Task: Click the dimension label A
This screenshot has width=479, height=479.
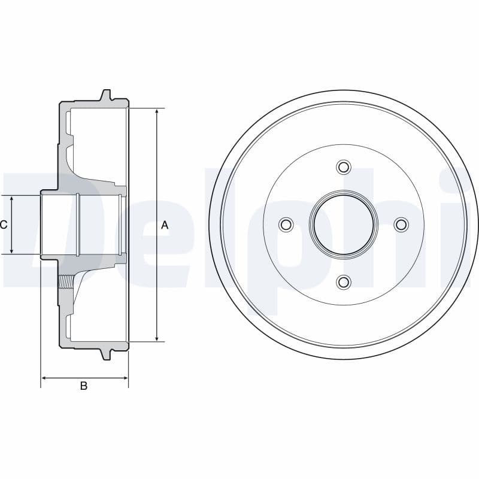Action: [x=165, y=225]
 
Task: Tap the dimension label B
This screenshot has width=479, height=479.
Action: [x=84, y=386]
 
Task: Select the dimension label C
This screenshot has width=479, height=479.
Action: [x=4, y=225]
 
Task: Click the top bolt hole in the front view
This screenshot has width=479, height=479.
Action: [x=343, y=166]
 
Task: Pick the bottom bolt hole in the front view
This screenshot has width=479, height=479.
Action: [x=343, y=282]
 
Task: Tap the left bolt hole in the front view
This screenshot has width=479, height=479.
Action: [x=286, y=225]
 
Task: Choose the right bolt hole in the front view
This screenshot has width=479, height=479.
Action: [x=401, y=225]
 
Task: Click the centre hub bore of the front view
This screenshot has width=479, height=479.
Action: [x=343, y=224]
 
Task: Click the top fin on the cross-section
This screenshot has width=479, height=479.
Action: [x=105, y=95]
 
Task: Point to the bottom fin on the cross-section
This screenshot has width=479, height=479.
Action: [x=105, y=354]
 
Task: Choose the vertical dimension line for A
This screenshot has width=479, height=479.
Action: [x=157, y=180]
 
